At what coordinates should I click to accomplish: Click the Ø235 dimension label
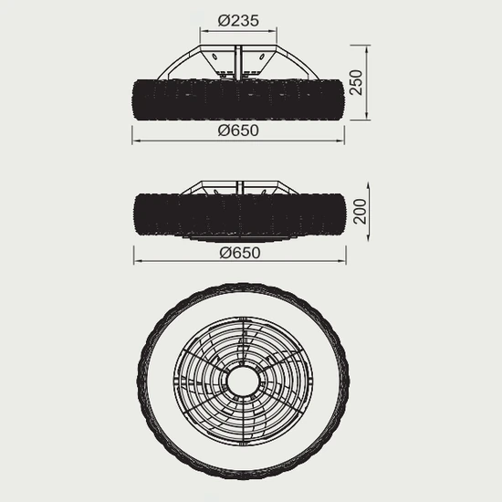(238, 21)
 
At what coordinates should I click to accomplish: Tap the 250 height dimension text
(356, 82)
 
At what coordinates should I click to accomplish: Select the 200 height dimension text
(361, 212)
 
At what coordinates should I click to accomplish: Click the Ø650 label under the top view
(238, 131)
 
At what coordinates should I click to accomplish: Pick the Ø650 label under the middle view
(240, 253)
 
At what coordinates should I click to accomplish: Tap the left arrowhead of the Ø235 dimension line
(204, 31)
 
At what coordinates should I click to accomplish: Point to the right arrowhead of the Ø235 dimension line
(273, 31)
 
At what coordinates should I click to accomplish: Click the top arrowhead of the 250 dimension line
(367, 49)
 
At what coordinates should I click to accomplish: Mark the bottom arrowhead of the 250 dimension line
(367, 116)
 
